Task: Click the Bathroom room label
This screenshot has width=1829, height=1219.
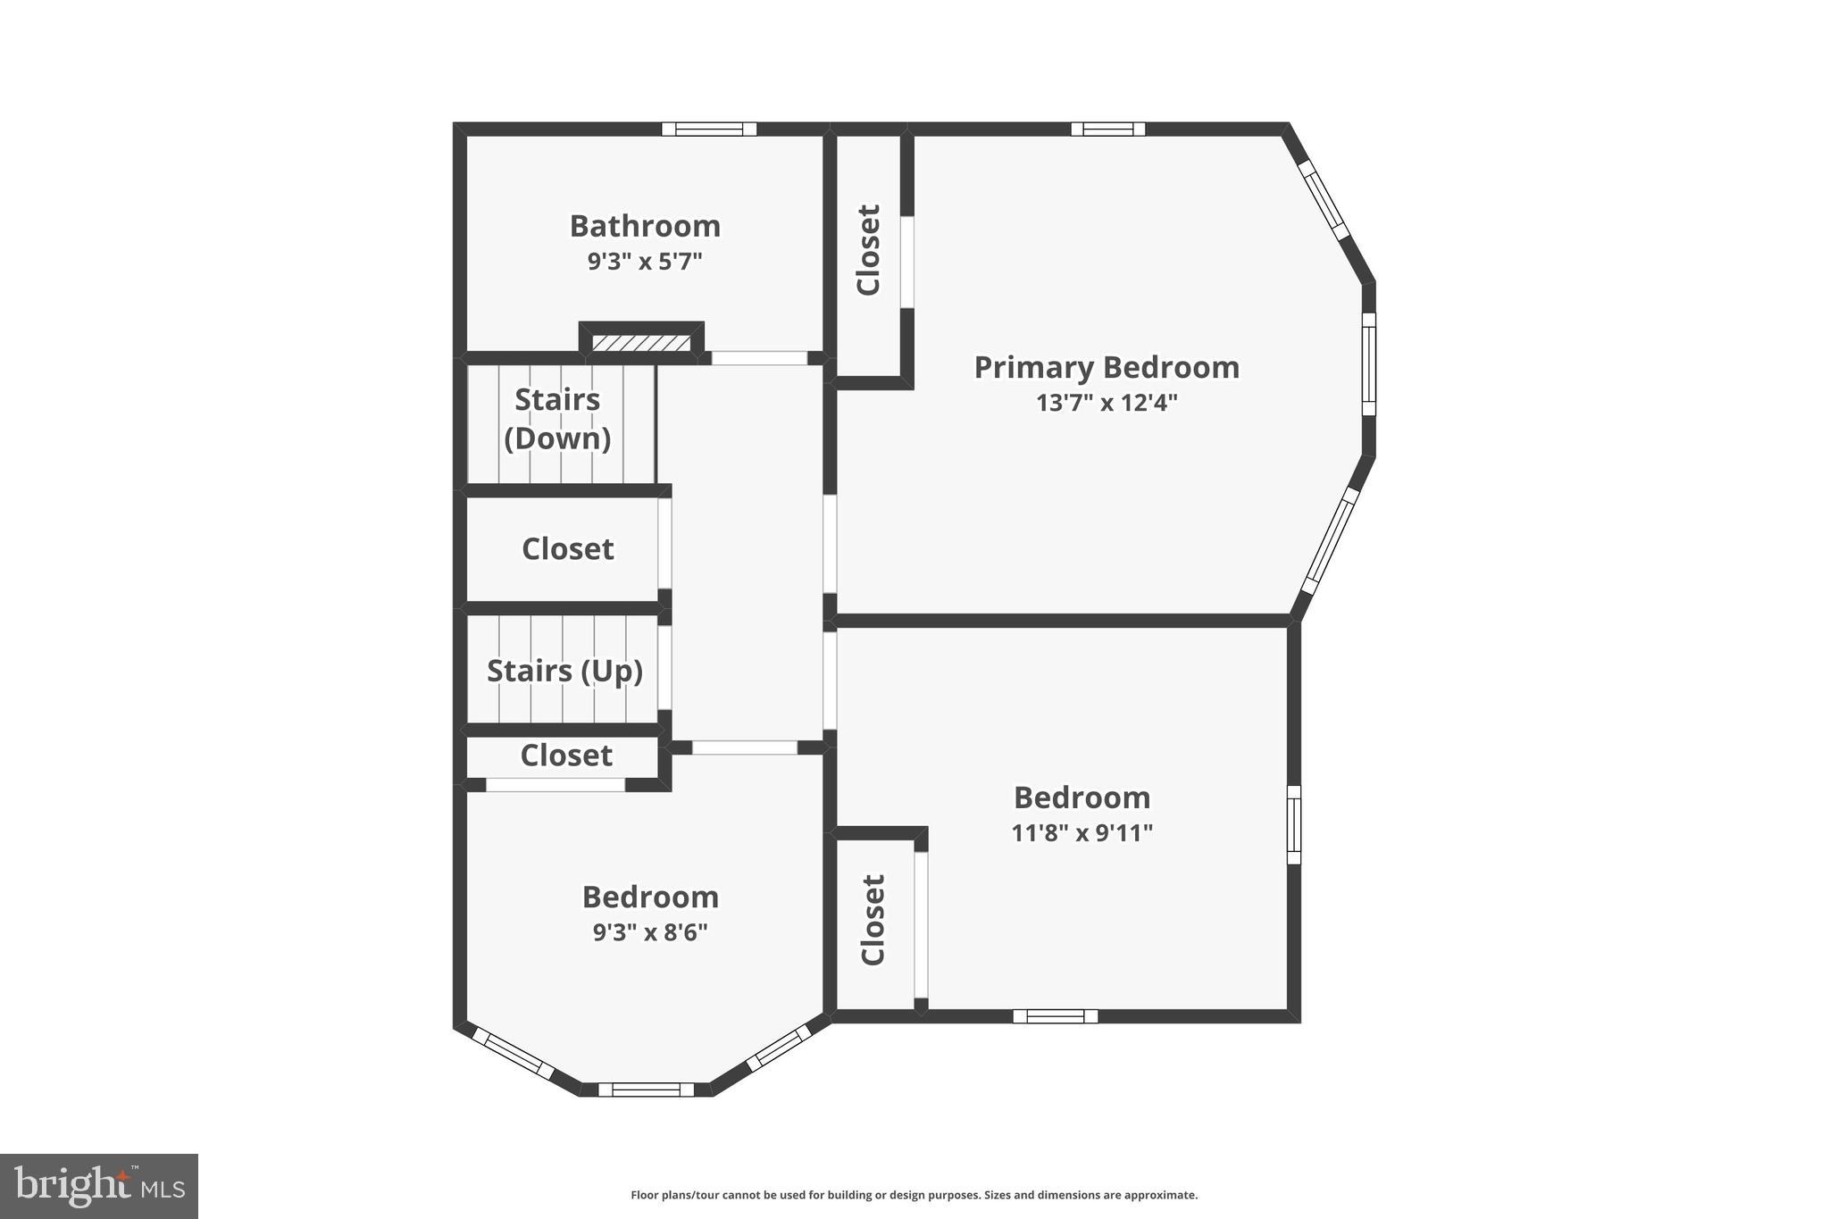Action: coord(645,226)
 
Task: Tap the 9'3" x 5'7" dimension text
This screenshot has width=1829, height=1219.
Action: coord(645,262)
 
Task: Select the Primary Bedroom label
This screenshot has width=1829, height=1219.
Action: coord(1107,367)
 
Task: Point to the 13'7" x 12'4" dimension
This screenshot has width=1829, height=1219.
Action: coord(1107,403)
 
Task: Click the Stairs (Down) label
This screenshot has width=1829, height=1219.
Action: coord(557,419)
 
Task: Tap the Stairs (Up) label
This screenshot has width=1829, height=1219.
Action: coord(564,671)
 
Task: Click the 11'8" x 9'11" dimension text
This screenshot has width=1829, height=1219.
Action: coord(1082,833)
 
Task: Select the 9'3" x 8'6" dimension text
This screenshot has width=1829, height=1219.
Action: coord(650,932)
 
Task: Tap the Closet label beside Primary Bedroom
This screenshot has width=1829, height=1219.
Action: coord(869,250)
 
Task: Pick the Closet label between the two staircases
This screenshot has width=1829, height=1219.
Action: coord(567,548)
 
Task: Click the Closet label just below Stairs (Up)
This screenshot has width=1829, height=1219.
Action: coord(566,756)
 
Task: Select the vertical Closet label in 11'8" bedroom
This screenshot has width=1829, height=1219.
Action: coord(873,920)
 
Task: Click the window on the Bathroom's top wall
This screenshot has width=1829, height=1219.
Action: coord(709,129)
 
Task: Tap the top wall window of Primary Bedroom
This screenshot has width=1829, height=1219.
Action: coord(1107,129)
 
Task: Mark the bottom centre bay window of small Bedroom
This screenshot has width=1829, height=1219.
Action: coord(646,1090)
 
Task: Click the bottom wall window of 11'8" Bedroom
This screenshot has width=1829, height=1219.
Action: coord(1055,1016)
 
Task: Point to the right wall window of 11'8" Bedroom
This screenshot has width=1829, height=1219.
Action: coord(1293,824)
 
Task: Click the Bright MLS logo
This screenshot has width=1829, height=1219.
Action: coord(99,1186)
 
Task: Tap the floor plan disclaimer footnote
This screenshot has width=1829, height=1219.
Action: coord(914,1195)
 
